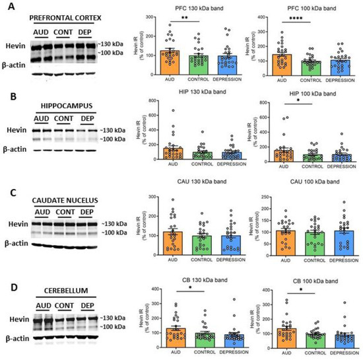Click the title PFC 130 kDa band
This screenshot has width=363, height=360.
(x=186, y=7)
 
